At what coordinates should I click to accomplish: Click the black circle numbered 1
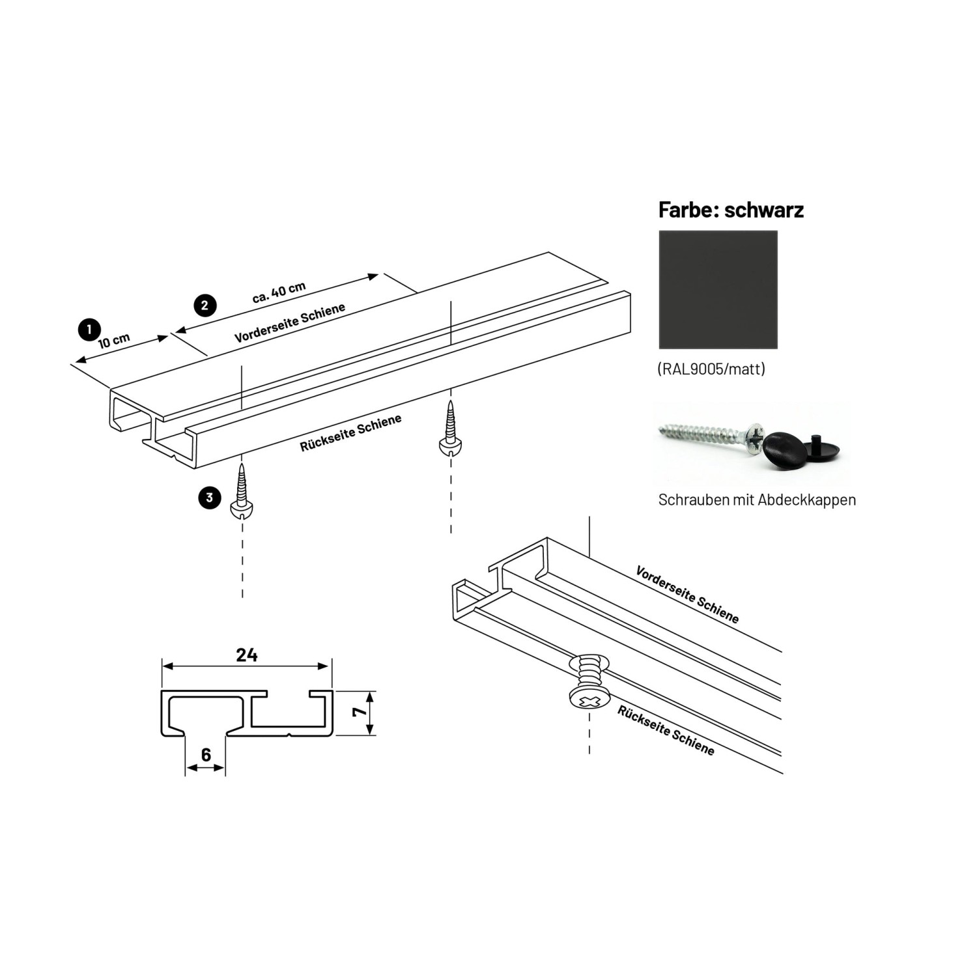[89, 330]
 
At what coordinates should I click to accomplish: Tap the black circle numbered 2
[205, 305]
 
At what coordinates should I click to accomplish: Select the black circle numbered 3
[209, 498]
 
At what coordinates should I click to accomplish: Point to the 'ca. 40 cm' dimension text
[279, 292]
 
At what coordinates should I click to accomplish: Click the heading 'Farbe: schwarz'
[731, 210]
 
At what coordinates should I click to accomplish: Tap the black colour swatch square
[718, 290]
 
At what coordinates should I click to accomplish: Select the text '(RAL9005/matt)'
[711, 369]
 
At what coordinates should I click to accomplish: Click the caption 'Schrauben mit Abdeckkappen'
[757, 500]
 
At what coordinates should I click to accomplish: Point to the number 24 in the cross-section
[247, 655]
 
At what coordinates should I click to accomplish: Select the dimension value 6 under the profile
[206, 754]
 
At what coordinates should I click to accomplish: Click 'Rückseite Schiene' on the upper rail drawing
[350, 433]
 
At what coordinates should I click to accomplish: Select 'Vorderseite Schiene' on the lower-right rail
[687, 595]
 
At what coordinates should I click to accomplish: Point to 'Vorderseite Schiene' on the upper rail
[289, 323]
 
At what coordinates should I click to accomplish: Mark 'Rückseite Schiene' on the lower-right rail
[666, 730]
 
